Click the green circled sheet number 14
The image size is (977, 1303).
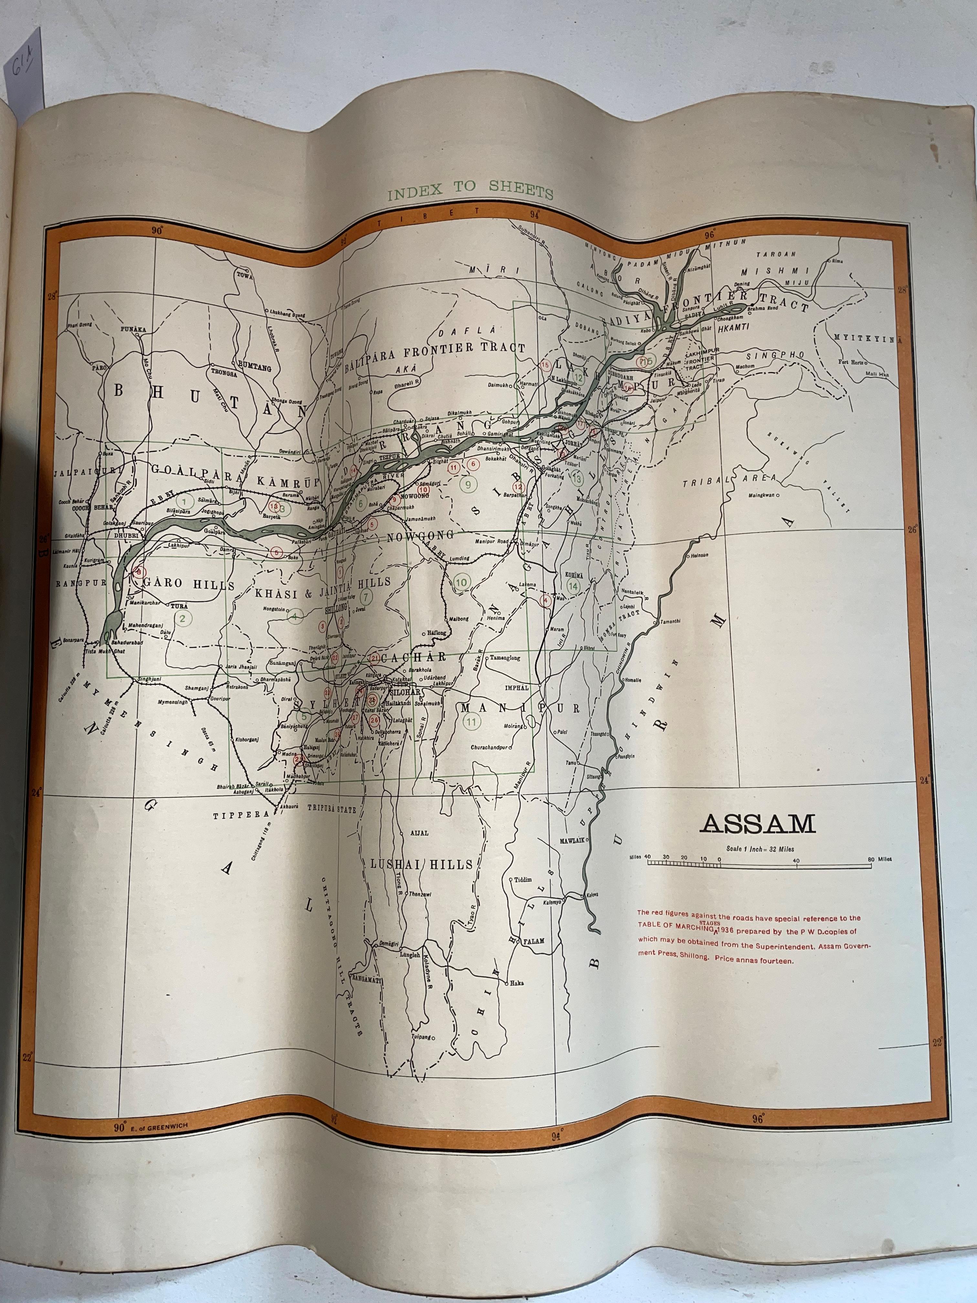pos(573,586)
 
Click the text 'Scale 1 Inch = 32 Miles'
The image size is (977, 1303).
pos(760,849)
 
